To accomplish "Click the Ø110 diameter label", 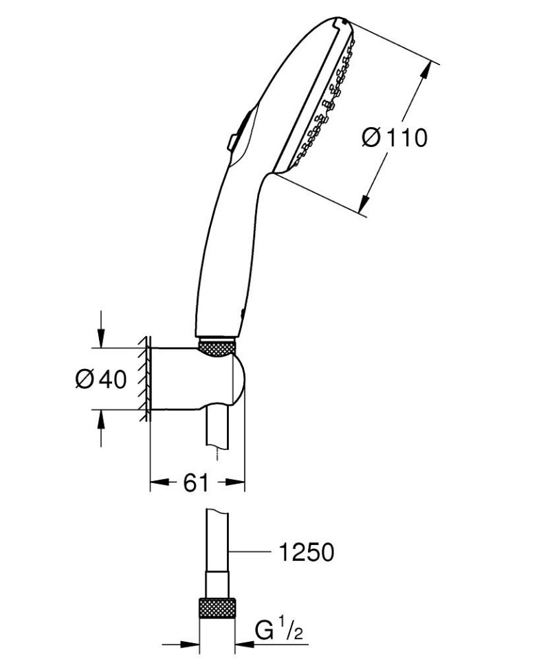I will [394, 137].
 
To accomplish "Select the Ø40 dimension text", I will [101, 379].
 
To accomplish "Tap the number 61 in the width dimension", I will [196, 483].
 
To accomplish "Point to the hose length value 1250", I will [307, 551].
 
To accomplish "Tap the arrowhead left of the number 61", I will [157, 483].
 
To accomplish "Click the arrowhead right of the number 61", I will [238, 483].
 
